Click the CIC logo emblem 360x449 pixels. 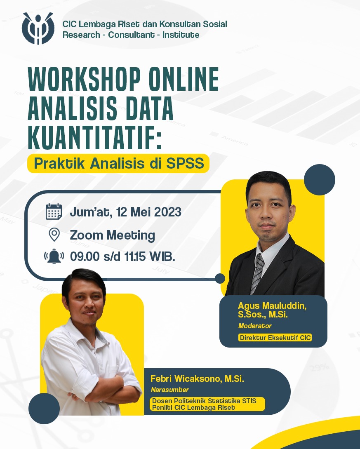point(38,28)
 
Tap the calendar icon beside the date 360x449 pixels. point(54,212)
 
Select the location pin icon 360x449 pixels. point(54,235)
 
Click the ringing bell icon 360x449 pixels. point(54,256)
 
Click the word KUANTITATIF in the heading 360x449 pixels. point(94,137)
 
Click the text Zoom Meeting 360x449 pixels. point(112,235)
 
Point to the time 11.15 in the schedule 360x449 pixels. point(135,256)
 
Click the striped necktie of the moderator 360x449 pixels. point(257,273)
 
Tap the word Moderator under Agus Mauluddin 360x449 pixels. point(255,326)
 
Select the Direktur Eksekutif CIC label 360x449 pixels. point(275,338)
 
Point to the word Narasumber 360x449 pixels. point(170,390)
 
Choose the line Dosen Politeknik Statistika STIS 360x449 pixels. point(204,401)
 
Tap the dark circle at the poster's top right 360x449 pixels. point(319,180)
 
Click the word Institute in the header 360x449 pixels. point(181,35)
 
